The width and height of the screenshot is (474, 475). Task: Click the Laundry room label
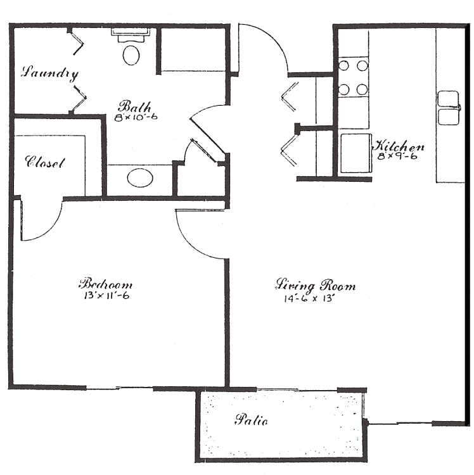[49, 73]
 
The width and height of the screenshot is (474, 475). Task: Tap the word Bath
[134, 106]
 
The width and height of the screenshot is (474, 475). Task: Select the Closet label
[45, 162]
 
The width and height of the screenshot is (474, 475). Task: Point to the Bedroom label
[105, 284]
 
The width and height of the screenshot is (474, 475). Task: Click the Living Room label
[315, 286]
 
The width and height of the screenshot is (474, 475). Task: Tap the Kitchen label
[398, 146]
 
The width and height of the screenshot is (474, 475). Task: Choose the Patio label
[251, 420]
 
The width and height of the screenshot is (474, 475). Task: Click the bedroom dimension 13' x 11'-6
[106, 295]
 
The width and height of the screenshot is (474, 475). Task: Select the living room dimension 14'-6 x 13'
[309, 299]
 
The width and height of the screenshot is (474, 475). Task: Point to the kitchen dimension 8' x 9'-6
[397, 156]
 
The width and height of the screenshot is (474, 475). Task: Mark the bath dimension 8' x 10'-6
[136, 117]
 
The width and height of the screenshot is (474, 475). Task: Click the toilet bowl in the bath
[131, 55]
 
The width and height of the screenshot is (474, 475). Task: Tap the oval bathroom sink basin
[140, 178]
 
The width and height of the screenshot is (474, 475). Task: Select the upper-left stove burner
[343, 66]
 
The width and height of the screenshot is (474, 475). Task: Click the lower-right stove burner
[362, 89]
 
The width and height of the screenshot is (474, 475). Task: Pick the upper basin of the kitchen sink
[448, 98]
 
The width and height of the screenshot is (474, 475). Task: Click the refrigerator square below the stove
[355, 153]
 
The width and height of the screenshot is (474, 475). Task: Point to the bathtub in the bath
[193, 50]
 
